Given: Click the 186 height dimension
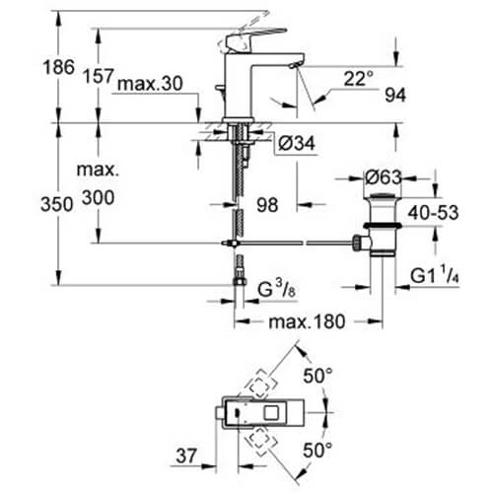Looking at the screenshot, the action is pos(59,67).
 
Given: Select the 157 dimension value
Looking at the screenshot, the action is pos(99,76).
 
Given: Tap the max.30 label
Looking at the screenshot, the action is pos(150,84).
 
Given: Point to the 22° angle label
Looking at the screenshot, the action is pos(359,79).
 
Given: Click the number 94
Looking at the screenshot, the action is pos(395,96).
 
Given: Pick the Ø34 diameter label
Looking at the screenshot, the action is pos(297,143).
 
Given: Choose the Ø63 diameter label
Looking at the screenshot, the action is pos(384,177).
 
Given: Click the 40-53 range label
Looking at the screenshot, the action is pos(433,213).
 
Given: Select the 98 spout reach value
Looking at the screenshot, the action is pos(267,205).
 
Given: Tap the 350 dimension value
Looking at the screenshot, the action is pos(57,204).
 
